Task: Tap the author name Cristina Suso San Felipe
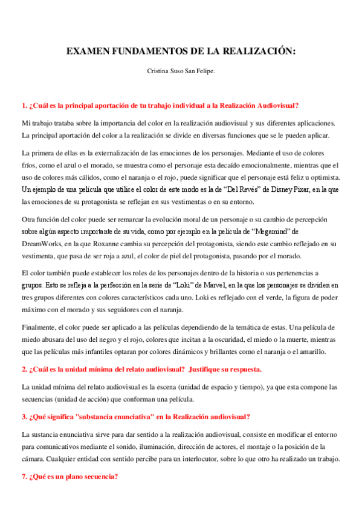pyautogui.click(x=181, y=71)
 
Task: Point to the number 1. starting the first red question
pyautogui.click(x=24, y=105)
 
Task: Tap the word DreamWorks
pyautogui.click(x=43, y=243)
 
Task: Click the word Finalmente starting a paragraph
pyautogui.click(x=39, y=327)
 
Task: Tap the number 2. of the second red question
pyautogui.click(x=24, y=369)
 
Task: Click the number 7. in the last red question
pyautogui.click(x=24, y=476)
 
